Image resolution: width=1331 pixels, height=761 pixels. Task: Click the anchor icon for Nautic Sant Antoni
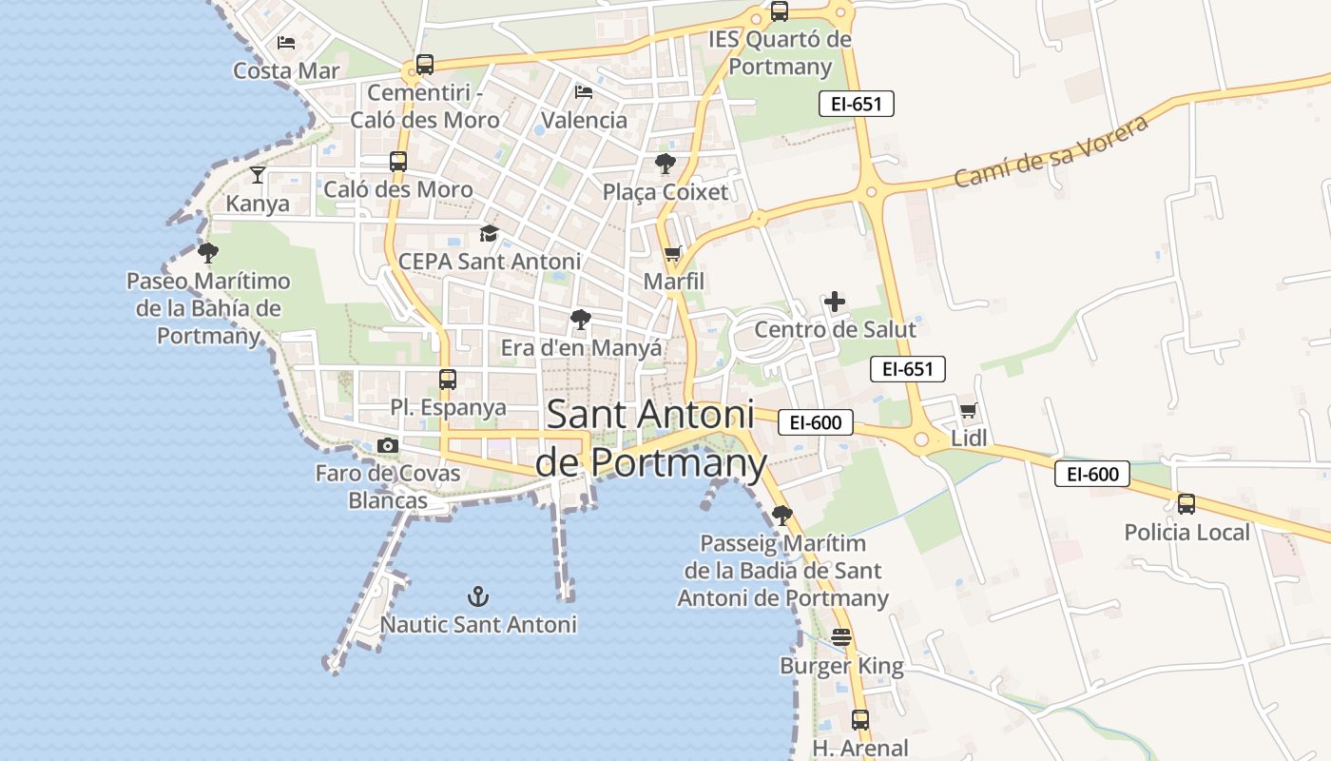[x=478, y=596]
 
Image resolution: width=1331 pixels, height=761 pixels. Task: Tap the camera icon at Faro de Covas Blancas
[x=387, y=445]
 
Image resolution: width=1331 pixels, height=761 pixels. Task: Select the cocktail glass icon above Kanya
[x=258, y=174]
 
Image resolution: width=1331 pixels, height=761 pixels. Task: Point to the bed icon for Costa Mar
[x=286, y=43]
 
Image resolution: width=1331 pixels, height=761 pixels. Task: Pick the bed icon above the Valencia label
[x=584, y=91]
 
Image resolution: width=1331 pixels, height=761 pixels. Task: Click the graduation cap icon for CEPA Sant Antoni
[x=489, y=233]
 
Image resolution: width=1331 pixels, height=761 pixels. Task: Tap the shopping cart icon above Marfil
[x=673, y=253]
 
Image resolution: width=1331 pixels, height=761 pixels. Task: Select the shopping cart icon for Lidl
[x=968, y=411]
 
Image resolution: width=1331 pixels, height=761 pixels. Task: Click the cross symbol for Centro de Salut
[x=835, y=302]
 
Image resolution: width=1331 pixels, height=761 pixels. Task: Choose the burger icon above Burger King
[x=841, y=637]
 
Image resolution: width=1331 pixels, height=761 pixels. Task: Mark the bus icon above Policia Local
[x=1186, y=504]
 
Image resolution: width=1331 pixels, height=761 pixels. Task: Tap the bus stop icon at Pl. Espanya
[x=448, y=380]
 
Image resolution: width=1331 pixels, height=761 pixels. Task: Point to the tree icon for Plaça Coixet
[x=665, y=164]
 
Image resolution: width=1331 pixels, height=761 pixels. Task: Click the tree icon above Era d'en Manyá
[x=581, y=320]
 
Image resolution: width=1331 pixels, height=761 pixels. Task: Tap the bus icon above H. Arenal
[x=860, y=720]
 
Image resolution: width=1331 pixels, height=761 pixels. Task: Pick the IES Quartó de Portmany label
[x=781, y=53]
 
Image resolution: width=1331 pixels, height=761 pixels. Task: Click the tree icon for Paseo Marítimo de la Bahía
[x=208, y=253]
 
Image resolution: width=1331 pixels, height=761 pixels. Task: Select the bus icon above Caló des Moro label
[x=398, y=162]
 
